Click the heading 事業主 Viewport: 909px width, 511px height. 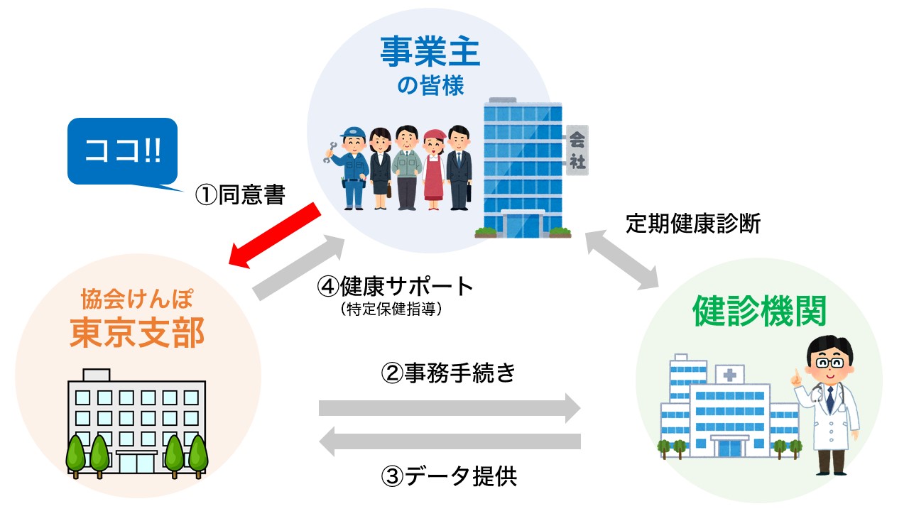(430, 53)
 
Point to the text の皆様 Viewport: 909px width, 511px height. (430, 87)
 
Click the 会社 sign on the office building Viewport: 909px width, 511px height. (577, 150)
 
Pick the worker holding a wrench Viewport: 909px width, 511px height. (351, 168)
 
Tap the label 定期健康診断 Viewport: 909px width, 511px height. (692, 224)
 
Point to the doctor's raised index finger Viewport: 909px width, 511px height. (798, 373)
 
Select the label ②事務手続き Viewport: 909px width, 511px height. (448, 373)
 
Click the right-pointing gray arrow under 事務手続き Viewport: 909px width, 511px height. (450, 408)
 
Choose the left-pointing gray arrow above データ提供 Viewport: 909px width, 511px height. (450, 442)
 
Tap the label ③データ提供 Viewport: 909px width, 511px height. (450, 476)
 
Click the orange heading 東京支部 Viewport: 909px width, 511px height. (136, 331)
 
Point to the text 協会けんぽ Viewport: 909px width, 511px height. (136, 298)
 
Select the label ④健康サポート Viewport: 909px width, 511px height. (395, 286)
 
